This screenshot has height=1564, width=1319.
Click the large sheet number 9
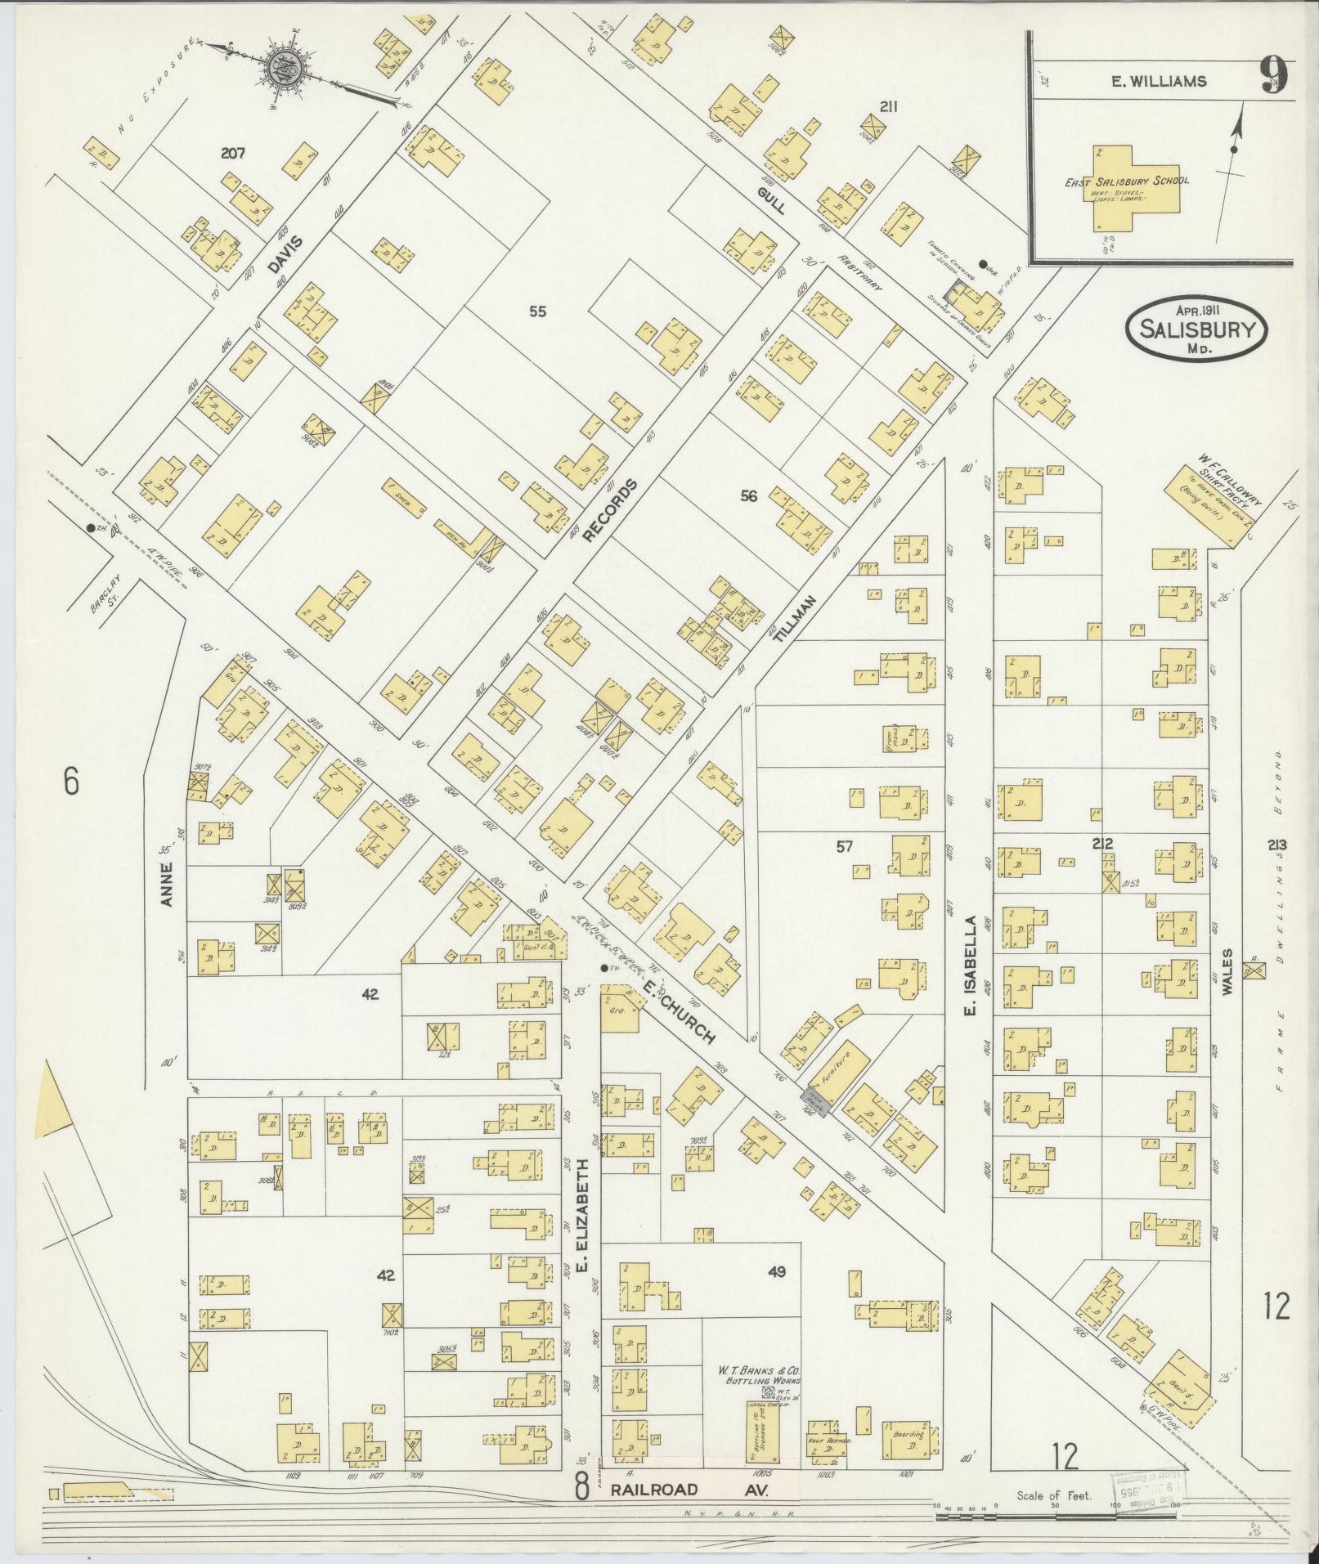tap(1273, 76)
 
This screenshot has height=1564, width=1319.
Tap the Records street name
tap(610, 510)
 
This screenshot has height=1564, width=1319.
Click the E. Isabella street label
tap(971, 963)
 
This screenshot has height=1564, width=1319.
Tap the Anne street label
tap(167, 886)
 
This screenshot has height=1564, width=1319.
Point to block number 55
tap(537, 311)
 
